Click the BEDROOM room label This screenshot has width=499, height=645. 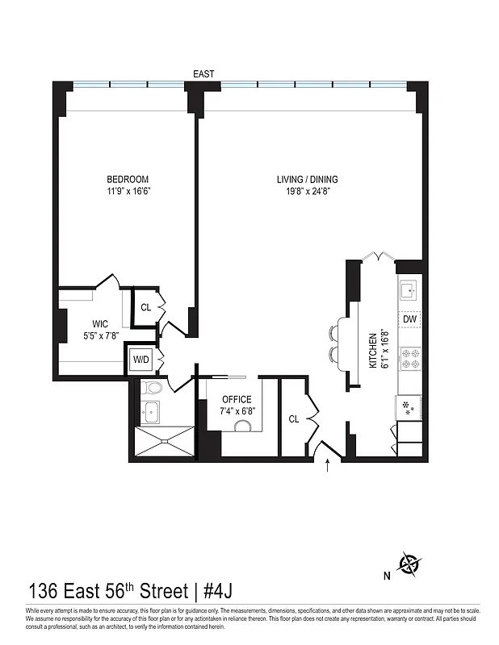pos(128,179)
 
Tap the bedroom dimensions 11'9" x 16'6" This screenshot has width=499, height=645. pos(128,192)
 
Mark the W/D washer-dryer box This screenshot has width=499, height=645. pos(140,359)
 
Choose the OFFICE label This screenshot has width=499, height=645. pos(237,399)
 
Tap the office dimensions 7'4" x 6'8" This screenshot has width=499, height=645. pos(237,411)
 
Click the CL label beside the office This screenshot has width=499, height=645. pos(295,418)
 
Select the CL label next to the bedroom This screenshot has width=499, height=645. pos(146,307)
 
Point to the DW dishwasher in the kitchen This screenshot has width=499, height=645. pos(409,320)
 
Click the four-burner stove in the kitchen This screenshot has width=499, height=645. pos(409,358)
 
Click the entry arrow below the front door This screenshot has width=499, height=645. pos(327,465)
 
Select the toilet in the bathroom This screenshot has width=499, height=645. pos(151,389)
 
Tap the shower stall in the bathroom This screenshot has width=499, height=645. pos(163,442)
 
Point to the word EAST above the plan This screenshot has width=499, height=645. pos(203,74)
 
